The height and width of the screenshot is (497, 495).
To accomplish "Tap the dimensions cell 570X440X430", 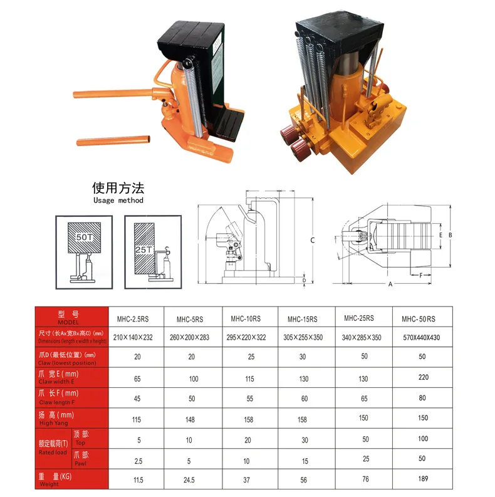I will pyautogui.click(x=422, y=337).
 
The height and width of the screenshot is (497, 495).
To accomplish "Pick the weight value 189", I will pyautogui.click(x=422, y=480).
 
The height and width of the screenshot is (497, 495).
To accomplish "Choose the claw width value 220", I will pyautogui.click(x=422, y=378).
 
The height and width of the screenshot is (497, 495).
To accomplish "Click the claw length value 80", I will pyautogui.click(x=422, y=399).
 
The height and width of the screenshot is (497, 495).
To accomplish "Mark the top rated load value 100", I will pyautogui.click(x=422, y=439).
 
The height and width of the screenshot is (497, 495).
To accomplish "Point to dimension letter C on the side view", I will pyautogui.click(x=312, y=240).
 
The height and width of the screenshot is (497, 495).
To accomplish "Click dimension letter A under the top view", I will pyautogui.click(x=390, y=284).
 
